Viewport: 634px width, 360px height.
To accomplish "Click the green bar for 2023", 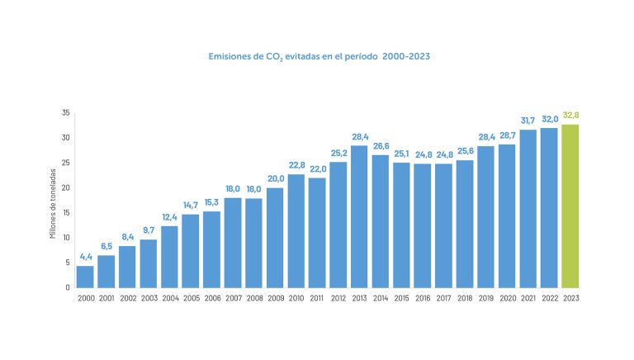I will pyautogui.click(x=570, y=206).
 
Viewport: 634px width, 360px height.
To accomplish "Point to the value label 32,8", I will pyautogui.click(x=570, y=115).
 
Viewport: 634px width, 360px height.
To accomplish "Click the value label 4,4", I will pyautogui.click(x=85, y=257).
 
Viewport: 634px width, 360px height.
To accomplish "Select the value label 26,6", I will pyautogui.click(x=381, y=145).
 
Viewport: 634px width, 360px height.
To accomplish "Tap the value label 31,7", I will pyautogui.click(x=528, y=121).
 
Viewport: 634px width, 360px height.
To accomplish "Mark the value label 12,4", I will pyautogui.click(x=169, y=217).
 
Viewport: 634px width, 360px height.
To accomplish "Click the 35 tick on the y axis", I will pyautogui.click(x=65, y=112).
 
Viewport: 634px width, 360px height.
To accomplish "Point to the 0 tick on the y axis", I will pyautogui.click(x=68, y=287).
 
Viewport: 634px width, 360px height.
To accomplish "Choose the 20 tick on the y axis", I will pyautogui.click(x=65, y=187).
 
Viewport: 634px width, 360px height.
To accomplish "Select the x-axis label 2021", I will pyautogui.click(x=528, y=298).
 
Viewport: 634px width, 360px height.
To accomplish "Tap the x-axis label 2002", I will pyautogui.click(x=127, y=298).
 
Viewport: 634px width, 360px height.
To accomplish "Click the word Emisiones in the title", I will pyautogui.click(x=229, y=57).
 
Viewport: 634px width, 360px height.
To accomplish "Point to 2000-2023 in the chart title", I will pyautogui.click(x=405, y=57).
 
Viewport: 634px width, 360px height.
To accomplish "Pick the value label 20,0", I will pyautogui.click(x=275, y=178).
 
